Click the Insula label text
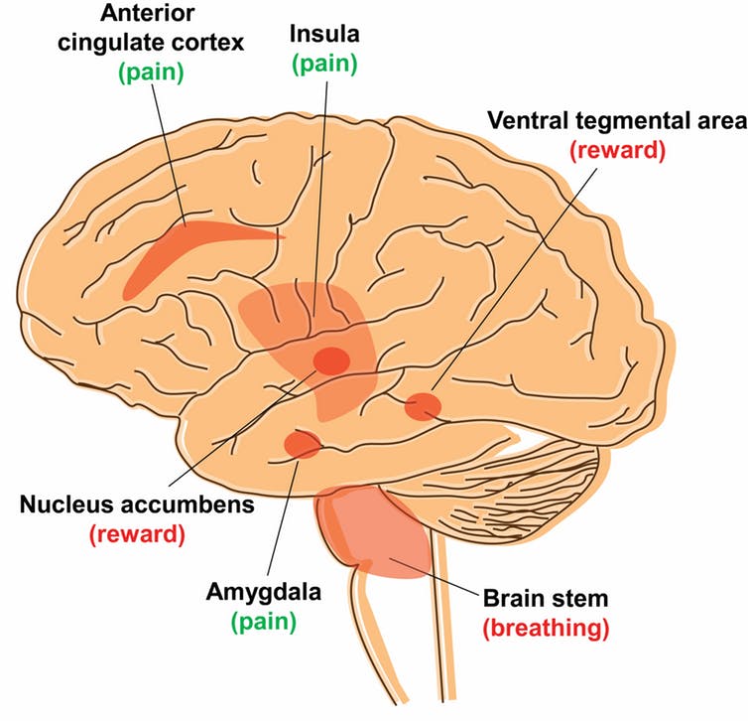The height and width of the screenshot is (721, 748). click(x=324, y=34)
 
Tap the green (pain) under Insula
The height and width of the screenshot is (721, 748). click(x=324, y=64)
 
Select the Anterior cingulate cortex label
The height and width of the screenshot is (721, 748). click(x=151, y=28)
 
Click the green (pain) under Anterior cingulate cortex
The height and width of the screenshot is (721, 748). click(x=151, y=72)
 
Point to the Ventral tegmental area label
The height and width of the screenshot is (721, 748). click(x=617, y=120)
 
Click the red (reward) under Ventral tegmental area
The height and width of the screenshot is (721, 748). click(x=617, y=150)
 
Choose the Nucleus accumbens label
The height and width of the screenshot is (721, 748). click(x=137, y=505)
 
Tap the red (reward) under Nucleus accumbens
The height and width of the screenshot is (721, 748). click(x=137, y=534)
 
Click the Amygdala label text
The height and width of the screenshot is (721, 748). click(x=263, y=593)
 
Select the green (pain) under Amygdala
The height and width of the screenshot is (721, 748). click(x=263, y=622)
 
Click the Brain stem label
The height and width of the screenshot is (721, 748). click(x=546, y=598)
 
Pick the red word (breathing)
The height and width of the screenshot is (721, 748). click(x=546, y=629)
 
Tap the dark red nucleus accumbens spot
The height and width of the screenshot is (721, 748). click(x=331, y=360)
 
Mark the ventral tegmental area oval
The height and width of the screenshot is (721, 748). click(x=424, y=406)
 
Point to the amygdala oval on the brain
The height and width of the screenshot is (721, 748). click(x=302, y=444)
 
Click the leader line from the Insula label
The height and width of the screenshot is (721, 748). click(x=320, y=200)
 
